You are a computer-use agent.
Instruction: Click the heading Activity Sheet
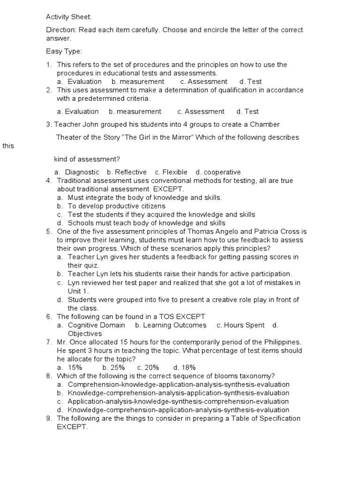click(x=69, y=17)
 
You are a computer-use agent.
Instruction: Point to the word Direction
click(x=61, y=30)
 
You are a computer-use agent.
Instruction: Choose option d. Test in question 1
click(x=250, y=82)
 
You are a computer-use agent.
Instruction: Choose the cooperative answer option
click(x=218, y=172)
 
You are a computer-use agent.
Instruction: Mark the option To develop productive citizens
click(x=116, y=206)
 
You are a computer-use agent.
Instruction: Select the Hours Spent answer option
click(x=240, y=325)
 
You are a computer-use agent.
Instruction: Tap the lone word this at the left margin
click(x=8, y=146)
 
